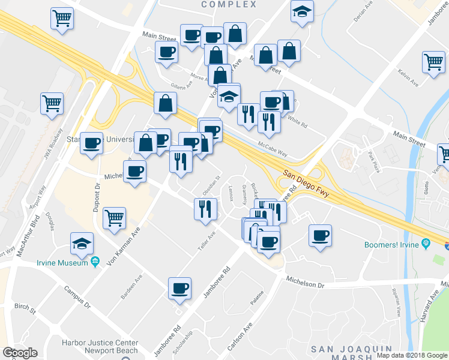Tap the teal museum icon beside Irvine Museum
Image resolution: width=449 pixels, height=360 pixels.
coord(95,262)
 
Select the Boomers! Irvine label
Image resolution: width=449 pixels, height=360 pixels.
coord(391,245)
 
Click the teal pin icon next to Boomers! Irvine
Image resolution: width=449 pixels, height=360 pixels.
coord(426,244)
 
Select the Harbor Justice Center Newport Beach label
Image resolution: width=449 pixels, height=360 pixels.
coord(100,347)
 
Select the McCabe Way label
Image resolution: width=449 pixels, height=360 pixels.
coord(273,149)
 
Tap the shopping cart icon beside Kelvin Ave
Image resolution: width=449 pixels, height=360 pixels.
coord(433,61)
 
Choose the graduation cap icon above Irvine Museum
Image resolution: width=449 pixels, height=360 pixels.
coord(82,243)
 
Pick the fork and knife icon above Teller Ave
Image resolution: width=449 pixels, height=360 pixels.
coord(205,208)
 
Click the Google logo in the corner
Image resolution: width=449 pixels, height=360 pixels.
coord(20,353)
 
